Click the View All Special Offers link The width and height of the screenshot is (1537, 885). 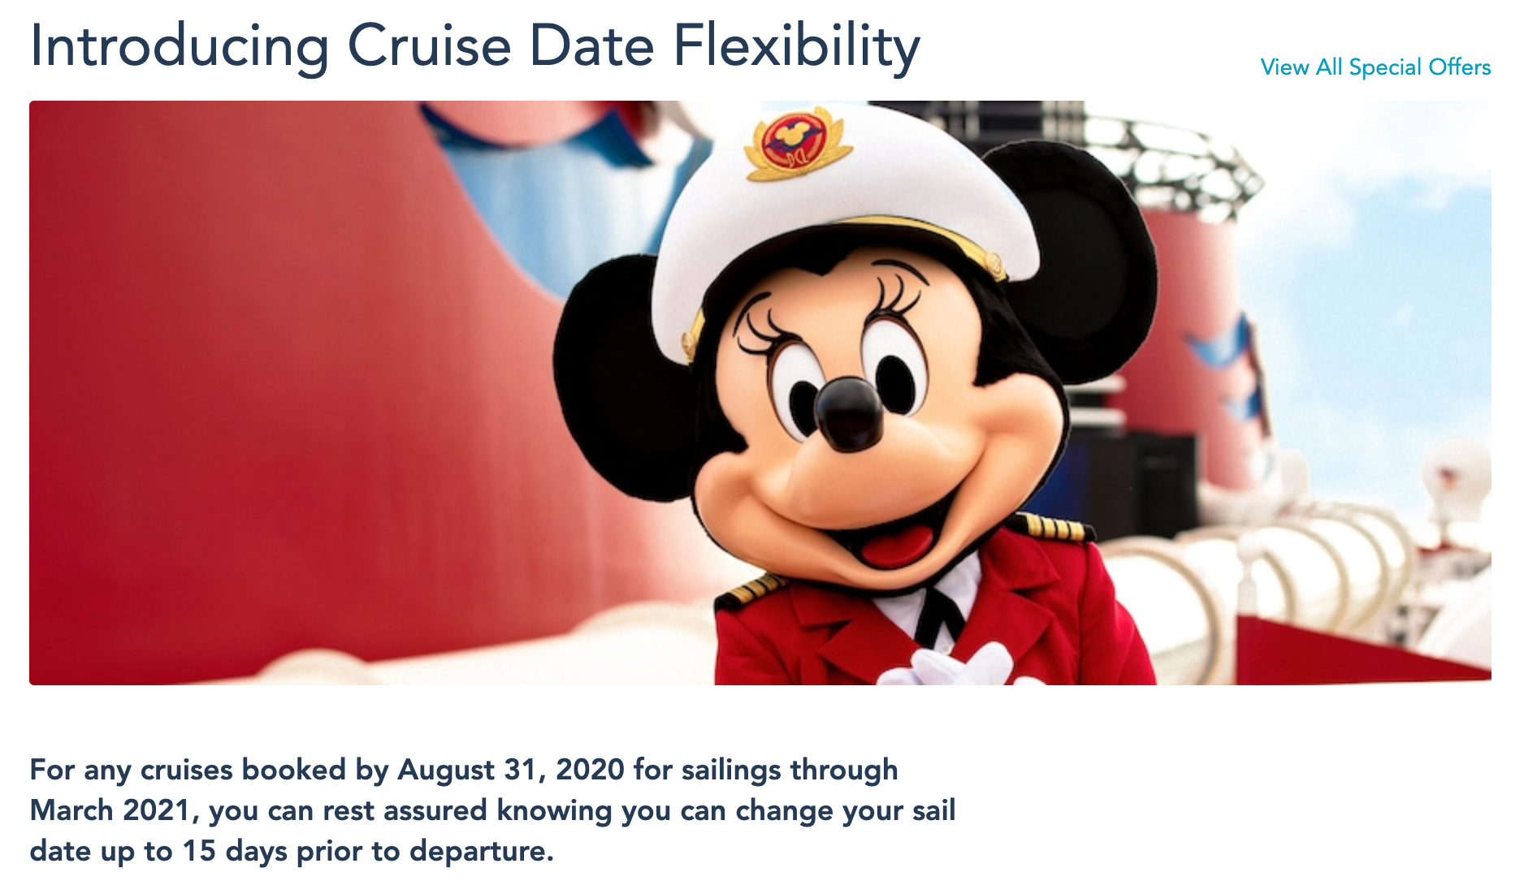(x=1375, y=67)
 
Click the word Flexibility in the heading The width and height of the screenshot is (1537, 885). (x=797, y=46)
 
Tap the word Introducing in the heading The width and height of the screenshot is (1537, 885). (x=180, y=46)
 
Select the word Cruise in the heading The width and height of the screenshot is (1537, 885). (x=430, y=46)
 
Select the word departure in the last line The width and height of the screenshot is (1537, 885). (x=481, y=852)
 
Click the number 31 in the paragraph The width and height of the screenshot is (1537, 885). (x=521, y=770)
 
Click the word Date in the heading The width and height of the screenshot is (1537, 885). (x=592, y=46)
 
